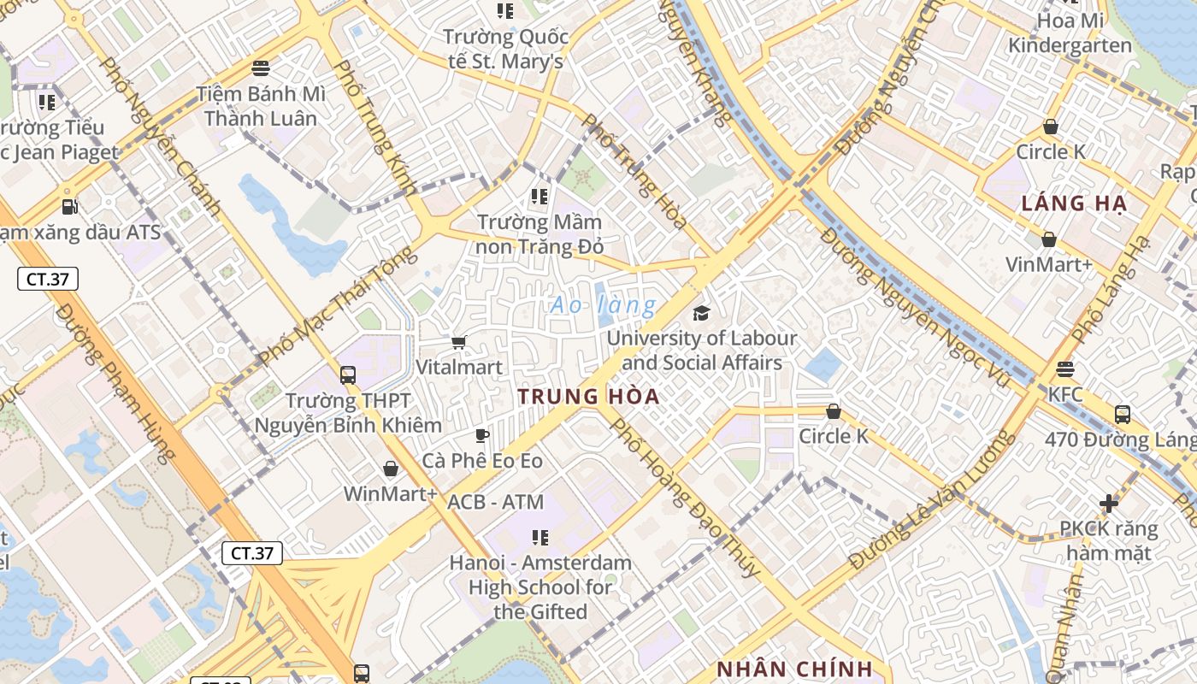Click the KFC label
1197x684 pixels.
pos(1065,395)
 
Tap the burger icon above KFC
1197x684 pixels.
pos(1065,369)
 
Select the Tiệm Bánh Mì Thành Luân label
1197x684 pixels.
pos(260,106)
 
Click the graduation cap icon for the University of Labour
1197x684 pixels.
pos(701,313)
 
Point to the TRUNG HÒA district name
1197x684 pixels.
pos(588,397)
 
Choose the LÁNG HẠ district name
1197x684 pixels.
pos(1075,203)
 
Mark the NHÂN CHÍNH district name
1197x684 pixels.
pos(794,669)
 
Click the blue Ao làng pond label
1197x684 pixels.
pos(604,304)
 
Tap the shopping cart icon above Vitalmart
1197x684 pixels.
pos(459,343)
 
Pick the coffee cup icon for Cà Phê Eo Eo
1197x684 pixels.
pos(482,436)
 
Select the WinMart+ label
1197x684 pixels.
pos(390,494)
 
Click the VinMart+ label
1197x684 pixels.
pos(1049,265)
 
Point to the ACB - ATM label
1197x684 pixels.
pos(496,503)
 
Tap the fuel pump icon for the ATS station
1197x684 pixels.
pos(68,206)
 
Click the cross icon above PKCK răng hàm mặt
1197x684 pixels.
pos(1109,504)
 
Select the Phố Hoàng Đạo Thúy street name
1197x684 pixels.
pos(683,497)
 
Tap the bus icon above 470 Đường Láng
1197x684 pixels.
pos(1123,415)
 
